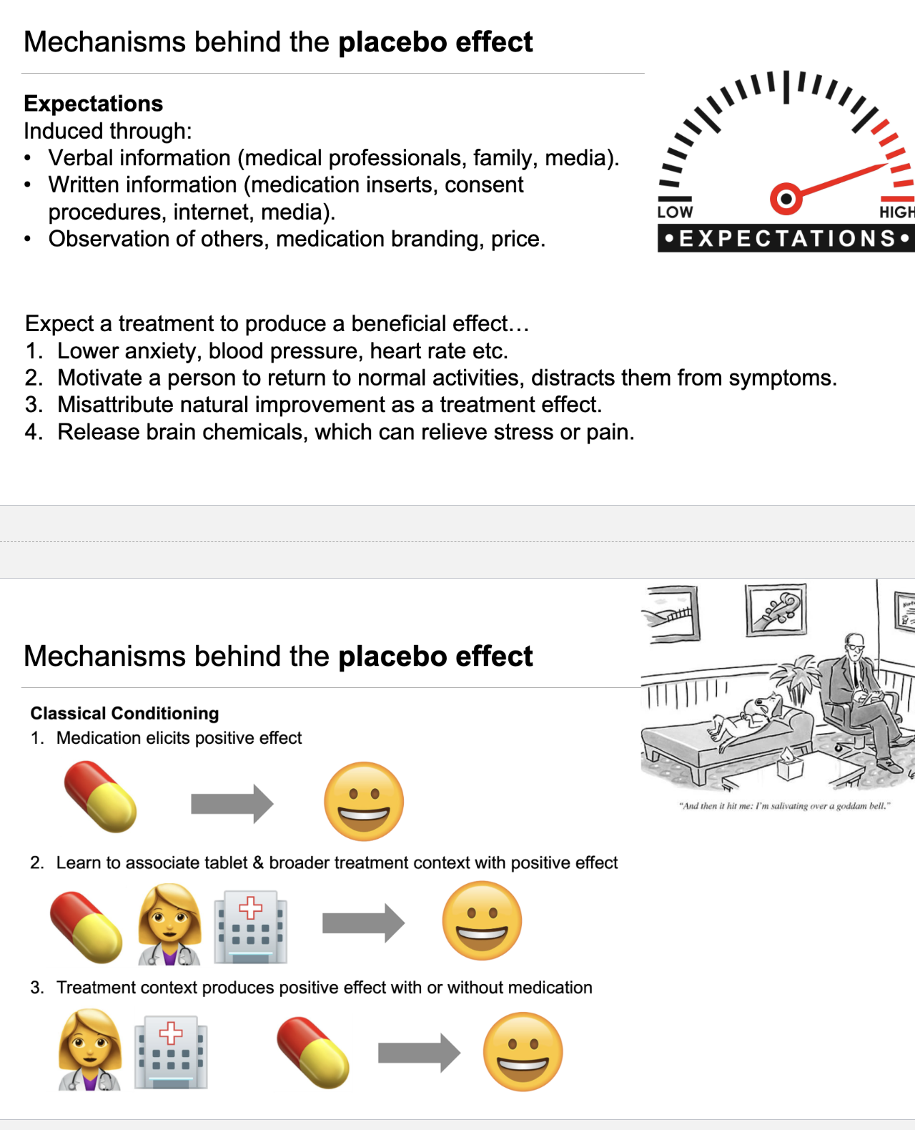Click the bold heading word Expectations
pyautogui.click(x=94, y=104)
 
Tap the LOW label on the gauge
pyautogui.click(x=675, y=212)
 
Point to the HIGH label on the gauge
pyautogui.click(x=896, y=212)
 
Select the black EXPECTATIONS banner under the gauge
pyautogui.click(x=786, y=238)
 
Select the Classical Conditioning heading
pyautogui.click(x=124, y=713)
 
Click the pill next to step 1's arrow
pyautogui.click(x=100, y=797)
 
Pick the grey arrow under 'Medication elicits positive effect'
pyautogui.click(x=232, y=804)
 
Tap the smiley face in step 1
pyautogui.click(x=364, y=801)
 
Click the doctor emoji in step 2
pyautogui.click(x=169, y=924)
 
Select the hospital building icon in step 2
pyautogui.click(x=251, y=926)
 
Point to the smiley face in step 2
pyautogui.click(x=482, y=920)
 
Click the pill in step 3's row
pyautogui.click(x=313, y=1052)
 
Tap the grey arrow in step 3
pyautogui.click(x=419, y=1053)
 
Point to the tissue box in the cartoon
pyautogui.click(x=789, y=767)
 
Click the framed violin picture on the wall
pyautogui.click(x=776, y=610)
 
